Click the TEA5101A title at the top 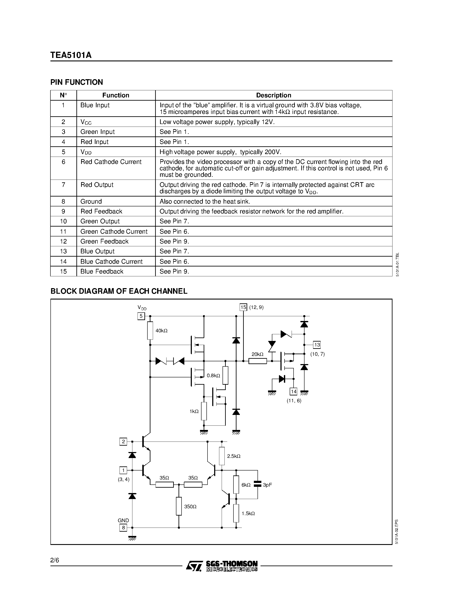pos(71,55)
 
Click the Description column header pos(273,95)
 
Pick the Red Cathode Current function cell pos(111,162)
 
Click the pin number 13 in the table pos(63,251)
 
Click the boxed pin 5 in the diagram pos(141,316)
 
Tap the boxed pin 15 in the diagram pos(243,307)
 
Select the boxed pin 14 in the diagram pos(293,392)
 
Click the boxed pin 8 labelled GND pos(123,528)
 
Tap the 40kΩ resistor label pos(162,331)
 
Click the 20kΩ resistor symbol pos(258,361)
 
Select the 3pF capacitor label pos(267,485)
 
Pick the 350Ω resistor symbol pos(179,506)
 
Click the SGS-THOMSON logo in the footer pos(221,566)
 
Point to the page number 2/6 pos(55,560)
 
